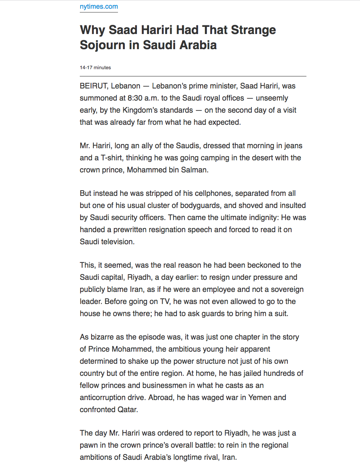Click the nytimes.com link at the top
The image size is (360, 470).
pos(99,6)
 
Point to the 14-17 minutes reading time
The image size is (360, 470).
pos(95,68)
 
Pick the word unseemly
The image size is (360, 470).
pos(272,98)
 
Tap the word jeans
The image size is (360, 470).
pos(292,146)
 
